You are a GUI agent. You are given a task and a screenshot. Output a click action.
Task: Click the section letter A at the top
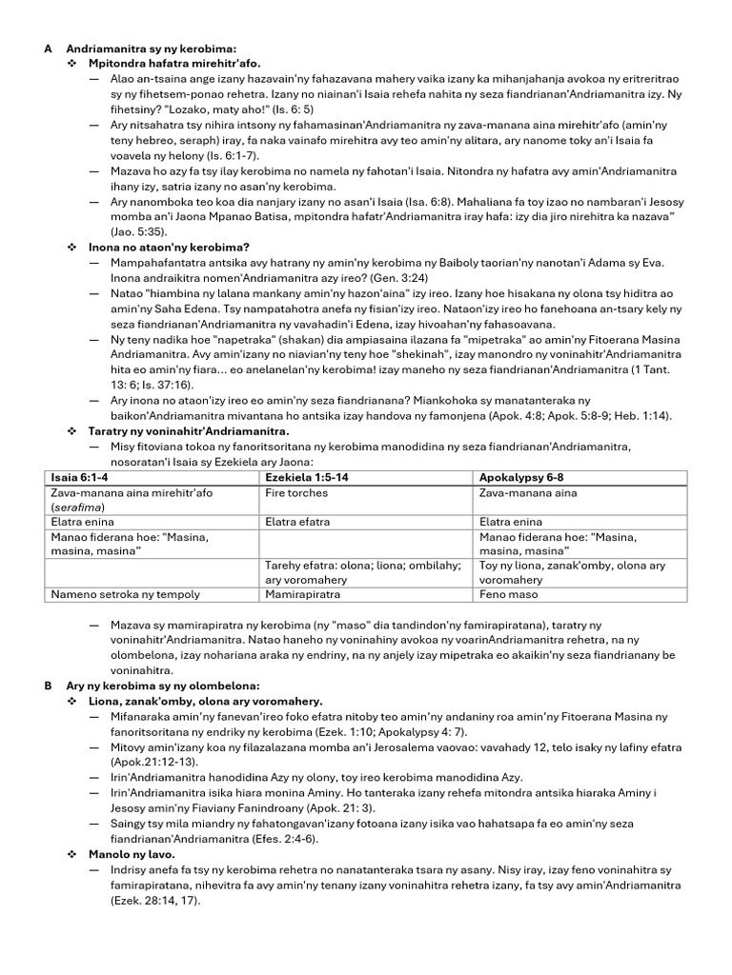[x=48, y=48]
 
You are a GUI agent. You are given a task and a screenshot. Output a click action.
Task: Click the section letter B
[x=48, y=686]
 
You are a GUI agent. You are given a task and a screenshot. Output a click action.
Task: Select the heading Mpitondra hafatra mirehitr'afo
[x=161, y=63]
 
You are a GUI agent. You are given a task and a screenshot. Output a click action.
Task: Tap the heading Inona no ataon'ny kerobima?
[x=162, y=247]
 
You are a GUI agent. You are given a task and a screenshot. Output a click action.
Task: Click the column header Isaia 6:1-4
[x=81, y=476]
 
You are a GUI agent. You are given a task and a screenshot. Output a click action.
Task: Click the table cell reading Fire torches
[x=296, y=493]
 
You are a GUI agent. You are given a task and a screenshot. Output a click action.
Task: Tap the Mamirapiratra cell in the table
[x=299, y=594]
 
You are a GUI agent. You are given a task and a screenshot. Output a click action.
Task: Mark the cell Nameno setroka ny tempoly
[x=125, y=594]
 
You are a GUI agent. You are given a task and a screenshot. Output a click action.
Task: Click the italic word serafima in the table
[x=77, y=507]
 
